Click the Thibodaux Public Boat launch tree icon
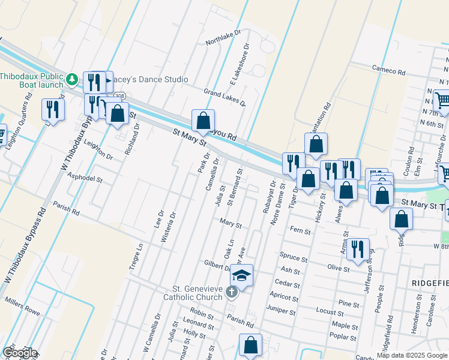pos(72,79)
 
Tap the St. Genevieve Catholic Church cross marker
pos(232,293)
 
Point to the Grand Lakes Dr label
pos(225,97)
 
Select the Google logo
pos(20,353)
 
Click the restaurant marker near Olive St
pos(358,249)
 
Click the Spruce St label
pos(294,257)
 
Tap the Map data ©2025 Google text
pos(412,355)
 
